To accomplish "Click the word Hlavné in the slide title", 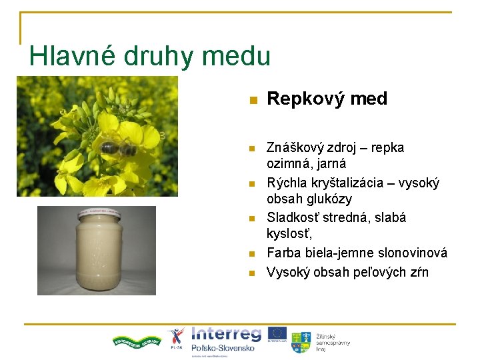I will click(73, 55).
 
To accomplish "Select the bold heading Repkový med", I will click(327, 99).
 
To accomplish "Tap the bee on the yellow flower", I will click(119, 147).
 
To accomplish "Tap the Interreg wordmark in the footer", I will click(226, 333).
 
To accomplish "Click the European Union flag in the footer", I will click(278, 335).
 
